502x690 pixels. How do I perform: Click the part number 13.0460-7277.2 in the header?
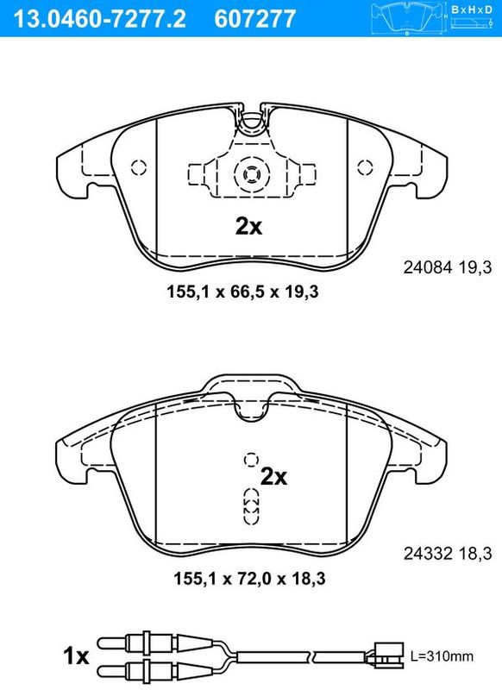click(100, 19)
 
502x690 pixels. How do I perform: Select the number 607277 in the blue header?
click(255, 19)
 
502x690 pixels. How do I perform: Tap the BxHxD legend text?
click(472, 9)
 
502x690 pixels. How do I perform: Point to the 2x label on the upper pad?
click(248, 227)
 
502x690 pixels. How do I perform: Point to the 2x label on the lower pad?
click(273, 477)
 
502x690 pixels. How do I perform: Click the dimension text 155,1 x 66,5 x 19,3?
click(242, 292)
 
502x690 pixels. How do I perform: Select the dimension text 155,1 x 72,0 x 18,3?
click(249, 578)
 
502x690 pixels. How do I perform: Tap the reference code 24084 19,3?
click(448, 267)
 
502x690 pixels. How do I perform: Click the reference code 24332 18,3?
click(448, 554)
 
